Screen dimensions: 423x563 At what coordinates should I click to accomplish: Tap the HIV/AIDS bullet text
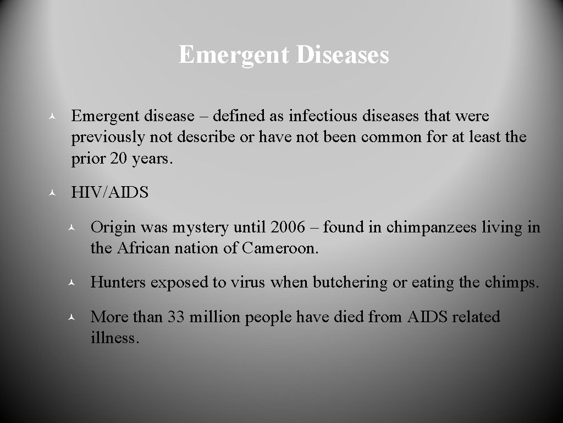[x=110, y=193]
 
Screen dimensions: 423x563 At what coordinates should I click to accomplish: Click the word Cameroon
[x=279, y=248]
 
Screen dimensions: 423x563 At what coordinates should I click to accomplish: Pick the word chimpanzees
[x=431, y=227]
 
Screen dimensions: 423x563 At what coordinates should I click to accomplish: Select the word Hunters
[x=118, y=283]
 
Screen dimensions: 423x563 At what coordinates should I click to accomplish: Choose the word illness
[x=114, y=338]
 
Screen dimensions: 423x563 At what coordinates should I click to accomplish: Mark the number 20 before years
[x=118, y=159]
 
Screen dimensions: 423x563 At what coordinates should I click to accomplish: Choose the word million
[x=214, y=317]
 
